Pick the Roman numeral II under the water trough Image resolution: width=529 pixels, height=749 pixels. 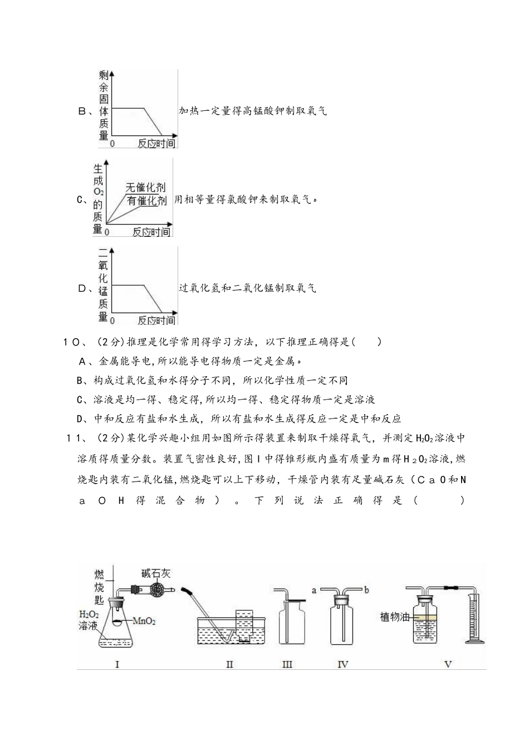point(229,664)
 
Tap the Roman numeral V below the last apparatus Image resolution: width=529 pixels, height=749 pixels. point(448,664)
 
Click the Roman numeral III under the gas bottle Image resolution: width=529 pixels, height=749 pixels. point(287,664)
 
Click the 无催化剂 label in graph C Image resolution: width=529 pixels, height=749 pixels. point(145,188)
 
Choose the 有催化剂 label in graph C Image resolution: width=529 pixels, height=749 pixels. point(146,201)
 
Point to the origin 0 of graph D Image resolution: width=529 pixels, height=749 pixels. point(112,320)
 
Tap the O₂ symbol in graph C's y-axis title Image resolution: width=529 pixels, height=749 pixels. point(98,192)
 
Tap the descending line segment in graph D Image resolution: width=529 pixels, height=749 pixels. point(153,298)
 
